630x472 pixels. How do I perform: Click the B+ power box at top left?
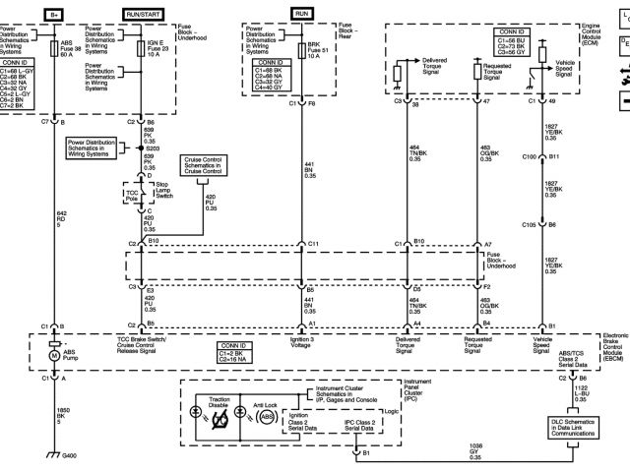[55, 13]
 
